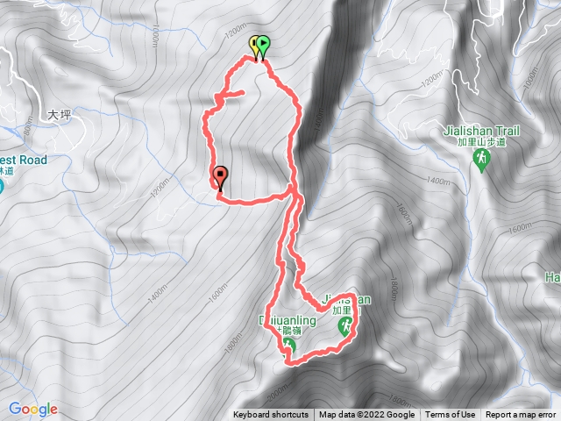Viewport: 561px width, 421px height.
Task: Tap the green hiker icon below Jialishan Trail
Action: (x=481, y=159)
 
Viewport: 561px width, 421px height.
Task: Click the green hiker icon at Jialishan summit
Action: (x=347, y=327)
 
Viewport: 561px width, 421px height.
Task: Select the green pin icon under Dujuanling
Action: (x=289, y=346)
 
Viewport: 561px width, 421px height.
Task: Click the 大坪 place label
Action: (x=58, y=114)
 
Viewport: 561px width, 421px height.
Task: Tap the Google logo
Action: (x=33, y=409)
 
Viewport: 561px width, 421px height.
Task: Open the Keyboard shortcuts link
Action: (x=270, y=415)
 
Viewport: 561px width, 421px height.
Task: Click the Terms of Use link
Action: (x=451, y=415)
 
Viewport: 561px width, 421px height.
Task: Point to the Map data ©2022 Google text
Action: (x=366, y=415)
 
